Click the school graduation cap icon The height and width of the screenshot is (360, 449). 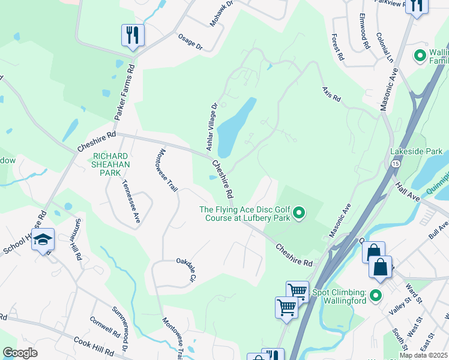[x=43, y=240]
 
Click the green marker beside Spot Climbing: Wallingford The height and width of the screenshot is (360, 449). [x=376, y=296]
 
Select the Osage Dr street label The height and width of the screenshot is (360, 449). [x=190, y=41]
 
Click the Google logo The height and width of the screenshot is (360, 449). [x=20, y=353]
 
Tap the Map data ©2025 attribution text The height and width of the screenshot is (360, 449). [x=423, y=355]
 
